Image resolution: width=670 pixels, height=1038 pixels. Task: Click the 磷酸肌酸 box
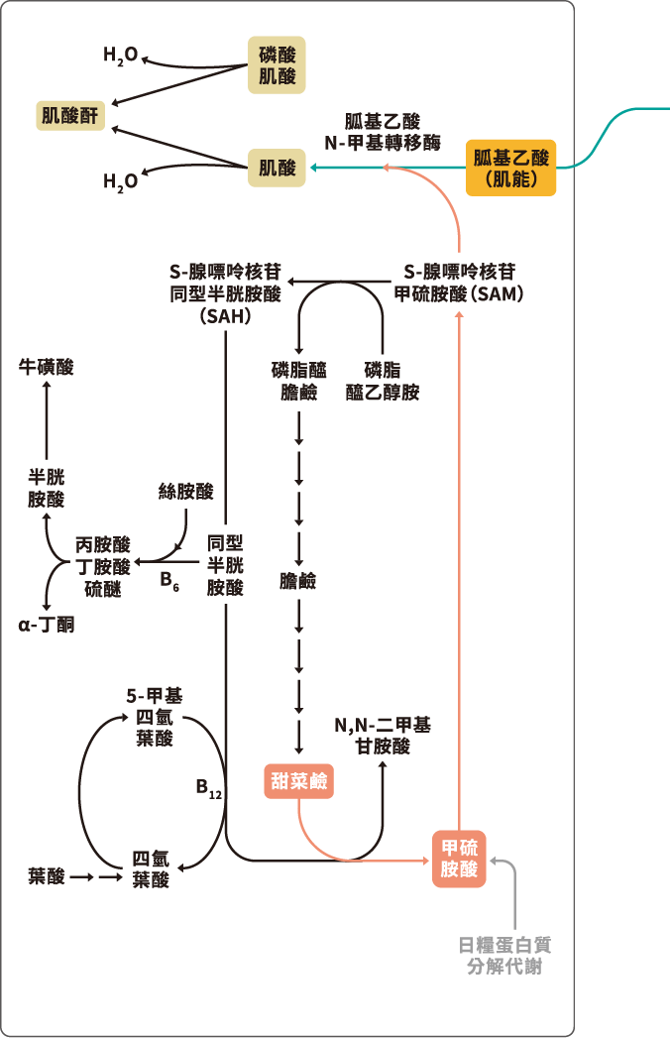tap(278, 64)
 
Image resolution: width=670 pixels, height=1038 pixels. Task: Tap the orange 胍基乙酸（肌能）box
tap(511, 167)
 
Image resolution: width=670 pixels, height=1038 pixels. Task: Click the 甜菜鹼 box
tap(298, 781)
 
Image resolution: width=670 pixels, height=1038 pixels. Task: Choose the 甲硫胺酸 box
tap(460, 859)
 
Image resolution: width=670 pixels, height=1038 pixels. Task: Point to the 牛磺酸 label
tap(47, 368)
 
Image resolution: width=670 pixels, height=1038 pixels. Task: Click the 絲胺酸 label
tap(186, 492)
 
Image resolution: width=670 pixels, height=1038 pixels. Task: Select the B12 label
tap(208, 789)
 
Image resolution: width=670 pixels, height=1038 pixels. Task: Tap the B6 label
tap(169, 580)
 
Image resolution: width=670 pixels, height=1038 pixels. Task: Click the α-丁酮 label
tap(47, 625)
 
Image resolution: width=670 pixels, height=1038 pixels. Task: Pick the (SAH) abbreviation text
tap(225, 317)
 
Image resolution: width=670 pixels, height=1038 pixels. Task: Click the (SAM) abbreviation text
tap(496, 294)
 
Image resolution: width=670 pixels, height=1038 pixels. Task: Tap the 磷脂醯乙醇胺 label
tap(384, 381)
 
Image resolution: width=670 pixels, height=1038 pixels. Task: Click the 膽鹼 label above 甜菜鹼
tap(298, 581)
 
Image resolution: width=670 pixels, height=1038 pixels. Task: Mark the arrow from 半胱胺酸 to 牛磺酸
tap(47, 421)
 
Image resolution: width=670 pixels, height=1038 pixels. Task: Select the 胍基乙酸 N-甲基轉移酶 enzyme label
tap(383, 132)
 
